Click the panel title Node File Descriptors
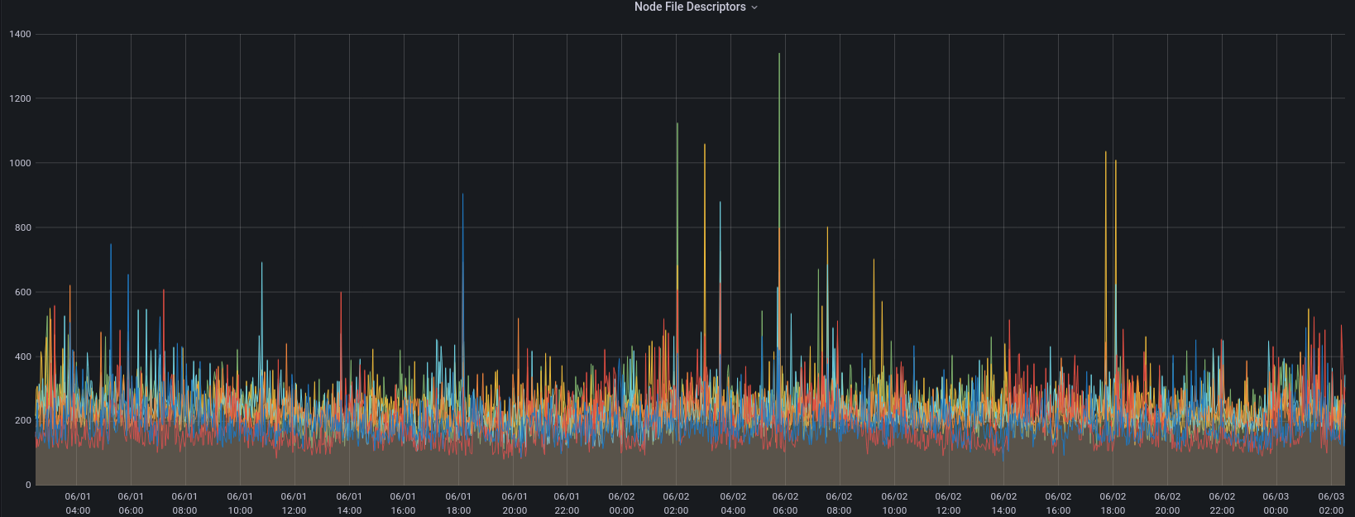(x=690, y=7)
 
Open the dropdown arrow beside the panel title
(x=754, y=7)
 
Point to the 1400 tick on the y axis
(x=21, y=35)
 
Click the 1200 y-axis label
(x=21, y=99)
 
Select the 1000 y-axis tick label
(x=21, y=164)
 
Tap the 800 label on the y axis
(x=23, y=228)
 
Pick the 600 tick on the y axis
(x=23, y=293)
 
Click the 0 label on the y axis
(x=28, y=486)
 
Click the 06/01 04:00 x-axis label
(x=77, y=504)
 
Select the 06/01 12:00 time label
(x=294, y=504)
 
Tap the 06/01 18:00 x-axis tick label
(x=458, y=504)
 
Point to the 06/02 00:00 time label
(x=621, y=504)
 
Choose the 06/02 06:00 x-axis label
(x=785, y=504)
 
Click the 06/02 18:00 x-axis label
(x=1113, y=504)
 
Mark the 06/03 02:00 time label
(x=1331, y=504)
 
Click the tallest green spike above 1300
(x=779, y=58)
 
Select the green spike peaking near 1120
(x=677, y=127)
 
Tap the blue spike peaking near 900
(x=462, y=198)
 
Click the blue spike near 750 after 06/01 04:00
(x=111, y=247)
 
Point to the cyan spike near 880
(x=720, y=205)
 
